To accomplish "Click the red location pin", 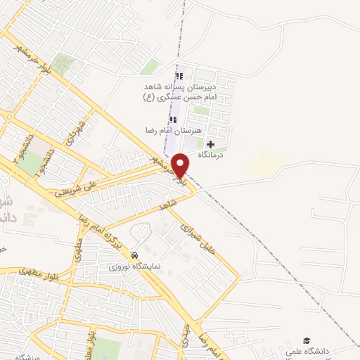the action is (180, 165).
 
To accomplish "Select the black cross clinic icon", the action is (210, 143).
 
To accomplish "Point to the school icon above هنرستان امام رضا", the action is (183, 120).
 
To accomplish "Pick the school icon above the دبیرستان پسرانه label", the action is (179, 76).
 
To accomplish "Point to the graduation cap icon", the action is (307, 340).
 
